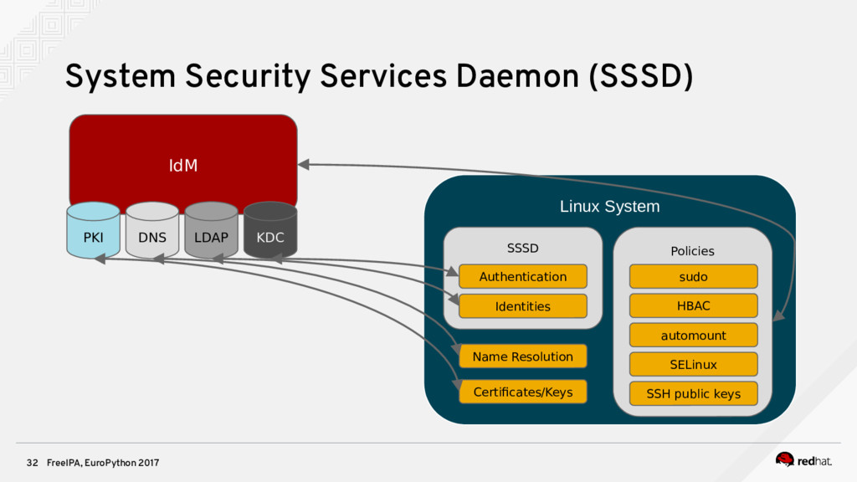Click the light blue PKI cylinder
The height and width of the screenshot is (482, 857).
click(x=93, y=230)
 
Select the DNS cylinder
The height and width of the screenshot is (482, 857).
click(x=152, y=230)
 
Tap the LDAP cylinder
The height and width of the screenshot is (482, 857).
click(x=211, y=230)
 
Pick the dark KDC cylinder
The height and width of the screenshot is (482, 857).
click(x=270, y=230)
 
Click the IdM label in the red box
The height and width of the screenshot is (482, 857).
click(x=183, y=165)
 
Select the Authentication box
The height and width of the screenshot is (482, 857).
click(x=523, y=276)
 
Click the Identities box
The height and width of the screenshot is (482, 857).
click(x=523, y=306)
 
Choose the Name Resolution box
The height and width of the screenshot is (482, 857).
click(x=523, y=356)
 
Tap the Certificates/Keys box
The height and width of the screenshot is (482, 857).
click(x=523, y=392)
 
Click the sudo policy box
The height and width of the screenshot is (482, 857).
click(x=694, y=276)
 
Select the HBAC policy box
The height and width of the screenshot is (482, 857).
click(x=694, y=305)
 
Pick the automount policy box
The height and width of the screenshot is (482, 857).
click(x=694, y=335)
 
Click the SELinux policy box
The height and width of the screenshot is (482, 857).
click(x=694, y=365)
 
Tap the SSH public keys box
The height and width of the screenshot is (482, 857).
click(x=694, y=393)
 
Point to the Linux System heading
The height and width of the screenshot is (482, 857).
click(x=610, y=207)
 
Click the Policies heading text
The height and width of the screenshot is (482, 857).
click(x=692, y=251)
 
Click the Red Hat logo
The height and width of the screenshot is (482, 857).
click(x=803, y=460)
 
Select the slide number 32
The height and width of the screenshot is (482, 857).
click(x=33, y=463)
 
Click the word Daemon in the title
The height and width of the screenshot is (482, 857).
click(x=516, y=76)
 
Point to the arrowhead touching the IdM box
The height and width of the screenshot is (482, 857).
click(x=304, y=165)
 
